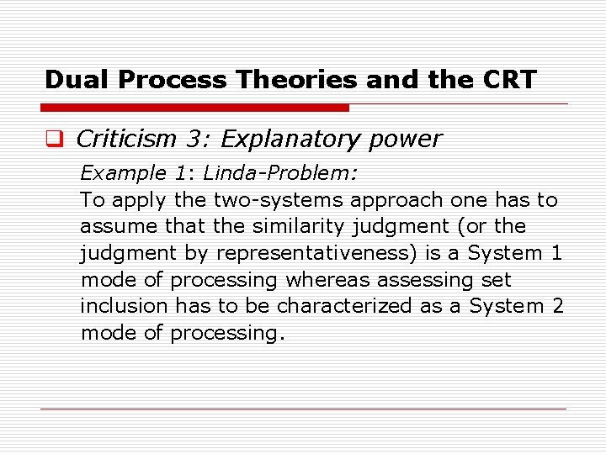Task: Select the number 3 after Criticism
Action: point(192,140)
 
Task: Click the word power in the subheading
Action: point(407,140)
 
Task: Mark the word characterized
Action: point(340,306)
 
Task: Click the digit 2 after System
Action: point(556,306)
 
